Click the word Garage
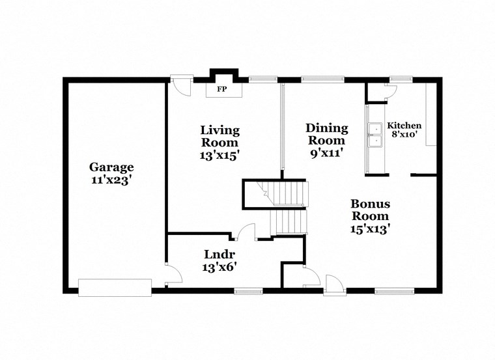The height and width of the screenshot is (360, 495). (112, 167)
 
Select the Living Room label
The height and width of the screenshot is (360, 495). (219, 136)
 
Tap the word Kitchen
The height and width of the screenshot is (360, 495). (404, 126)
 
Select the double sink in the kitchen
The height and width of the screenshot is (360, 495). (375, 135)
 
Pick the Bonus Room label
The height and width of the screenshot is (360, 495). (370, 210)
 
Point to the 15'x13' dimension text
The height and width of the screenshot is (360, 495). (370, 228)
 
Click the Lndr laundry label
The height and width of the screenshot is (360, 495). (219, 253)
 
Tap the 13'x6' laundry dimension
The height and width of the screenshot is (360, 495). (219, 266)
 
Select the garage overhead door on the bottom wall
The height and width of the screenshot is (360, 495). (115, 285)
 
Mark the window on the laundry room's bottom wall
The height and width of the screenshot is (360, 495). (248, 290)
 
